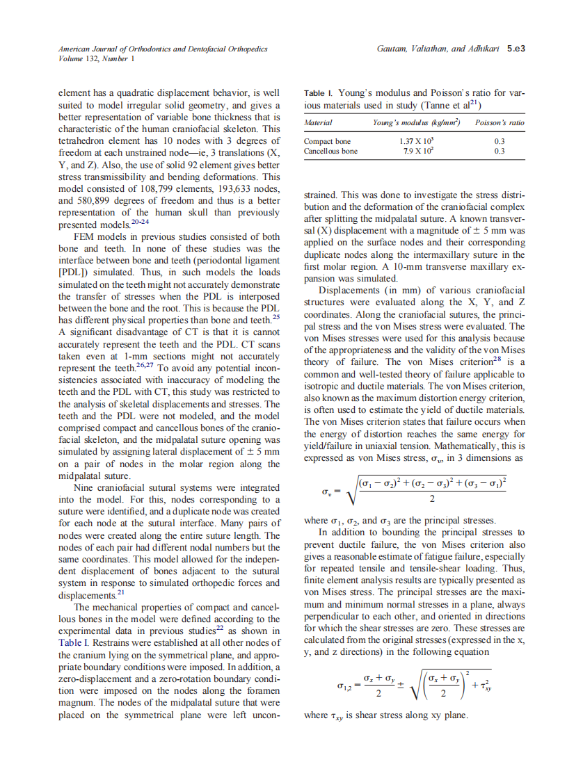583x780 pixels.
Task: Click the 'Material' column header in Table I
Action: [x=319, y=123]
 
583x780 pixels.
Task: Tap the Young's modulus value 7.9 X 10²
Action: [x=410, y=151]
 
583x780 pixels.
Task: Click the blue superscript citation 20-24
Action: [x=140, y=222]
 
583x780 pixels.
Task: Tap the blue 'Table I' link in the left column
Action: [x=72, y=642]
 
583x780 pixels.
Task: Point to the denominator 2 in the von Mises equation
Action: [x=432, y=498]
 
